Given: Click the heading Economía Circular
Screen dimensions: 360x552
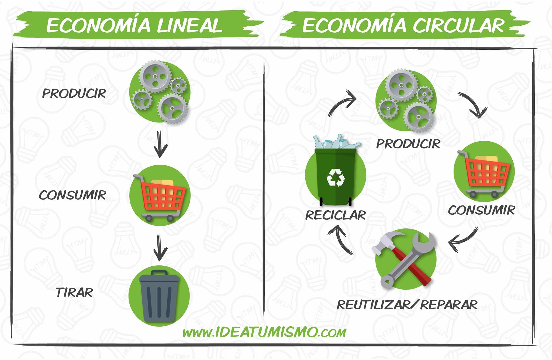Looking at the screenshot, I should point(403,26).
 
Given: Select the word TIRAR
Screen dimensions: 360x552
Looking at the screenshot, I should point(74,293).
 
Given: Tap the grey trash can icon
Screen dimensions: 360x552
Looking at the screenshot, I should point(159,297).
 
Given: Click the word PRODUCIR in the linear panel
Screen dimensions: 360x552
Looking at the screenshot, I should point(74,94).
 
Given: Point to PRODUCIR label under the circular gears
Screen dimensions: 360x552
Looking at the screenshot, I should point(408,144).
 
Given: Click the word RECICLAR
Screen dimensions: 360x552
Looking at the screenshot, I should point(335,215).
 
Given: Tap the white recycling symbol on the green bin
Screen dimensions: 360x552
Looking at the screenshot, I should point(336,177).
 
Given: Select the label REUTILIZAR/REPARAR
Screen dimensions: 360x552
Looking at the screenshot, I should point(407,305).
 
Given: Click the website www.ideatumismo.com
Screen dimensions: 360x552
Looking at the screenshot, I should point(264,332).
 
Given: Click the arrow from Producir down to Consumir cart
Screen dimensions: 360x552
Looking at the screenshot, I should point(160,144).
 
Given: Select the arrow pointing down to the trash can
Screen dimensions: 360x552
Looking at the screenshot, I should point(160,248).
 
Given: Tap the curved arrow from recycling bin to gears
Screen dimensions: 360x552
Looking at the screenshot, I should point(341,104).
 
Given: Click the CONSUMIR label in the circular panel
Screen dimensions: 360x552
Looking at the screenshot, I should point(481,210).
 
